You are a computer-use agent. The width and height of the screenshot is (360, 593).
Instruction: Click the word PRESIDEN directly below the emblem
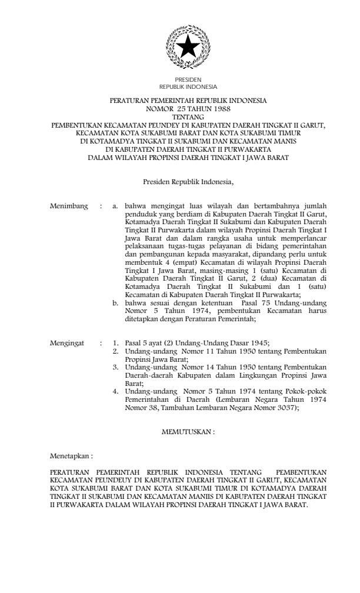(x=188, y=79)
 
